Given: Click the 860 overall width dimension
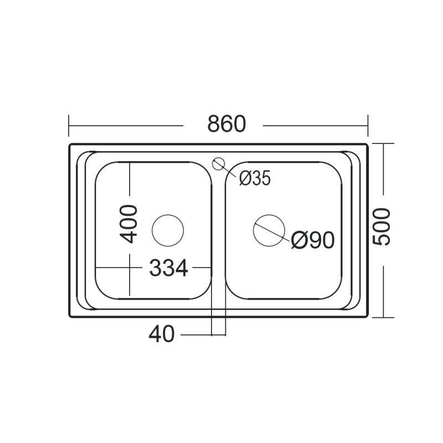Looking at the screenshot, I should (x=226, y=124).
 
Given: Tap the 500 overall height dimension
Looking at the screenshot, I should (x=382, y=227).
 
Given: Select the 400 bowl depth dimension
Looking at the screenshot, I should (x=129, y=224).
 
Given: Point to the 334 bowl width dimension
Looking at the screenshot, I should (x=168, y=269).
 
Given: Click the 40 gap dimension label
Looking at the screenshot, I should (x=162, y=334).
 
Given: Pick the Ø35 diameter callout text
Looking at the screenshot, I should (x=255, y=178).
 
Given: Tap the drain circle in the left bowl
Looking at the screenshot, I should (x=167, y=230).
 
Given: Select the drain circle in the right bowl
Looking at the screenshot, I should (x=269, y=230).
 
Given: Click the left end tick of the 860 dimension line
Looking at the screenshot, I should (x=69, y=126).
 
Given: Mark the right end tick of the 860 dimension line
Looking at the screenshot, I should (x=368, y=126).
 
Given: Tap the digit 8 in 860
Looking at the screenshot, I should (x=214, y=124).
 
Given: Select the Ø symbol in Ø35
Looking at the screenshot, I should (x=246, y=178).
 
